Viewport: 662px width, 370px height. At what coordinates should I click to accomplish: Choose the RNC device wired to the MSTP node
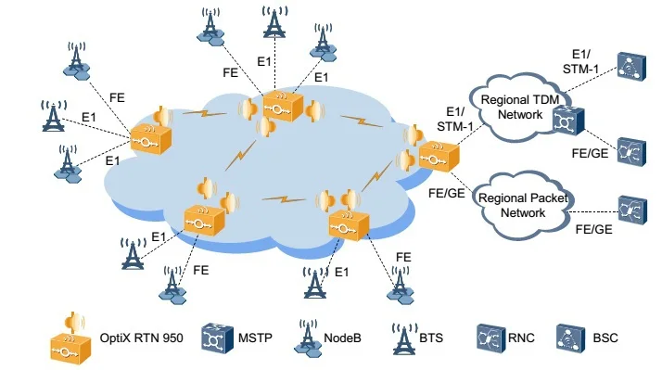(631, 150)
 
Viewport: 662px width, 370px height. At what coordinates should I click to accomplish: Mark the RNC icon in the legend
(489, 338)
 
